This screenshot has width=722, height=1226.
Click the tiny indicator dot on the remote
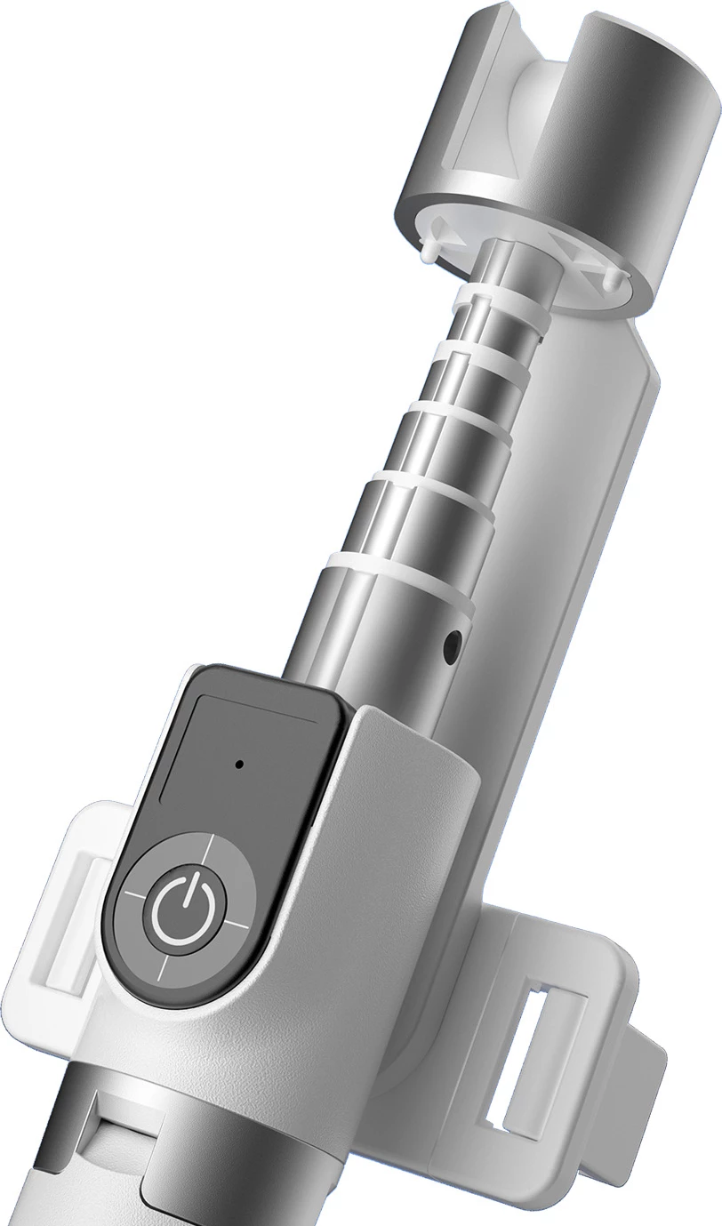[239, 763]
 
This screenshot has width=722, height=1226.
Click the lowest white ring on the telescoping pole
[399, 574]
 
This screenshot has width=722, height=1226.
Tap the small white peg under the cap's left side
[429, 252]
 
